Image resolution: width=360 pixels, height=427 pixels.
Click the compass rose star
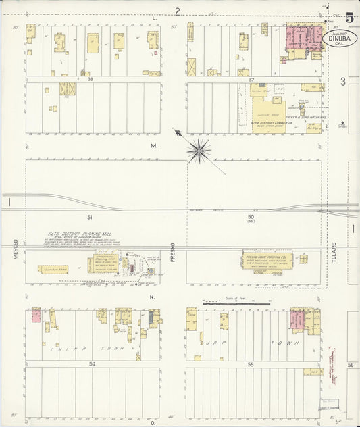tap(199, 150)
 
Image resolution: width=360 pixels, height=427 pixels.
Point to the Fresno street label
tap(173, 253)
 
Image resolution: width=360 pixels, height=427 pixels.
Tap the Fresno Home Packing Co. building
tap(267, 260)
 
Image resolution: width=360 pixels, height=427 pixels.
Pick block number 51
tap(89, 217)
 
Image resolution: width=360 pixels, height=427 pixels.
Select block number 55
tap(250, 364)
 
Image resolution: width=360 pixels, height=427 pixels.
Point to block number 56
tap(351, 364)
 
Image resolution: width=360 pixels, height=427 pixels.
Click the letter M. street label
tap(154, 145)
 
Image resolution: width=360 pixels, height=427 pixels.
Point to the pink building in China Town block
tap(36, 316)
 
